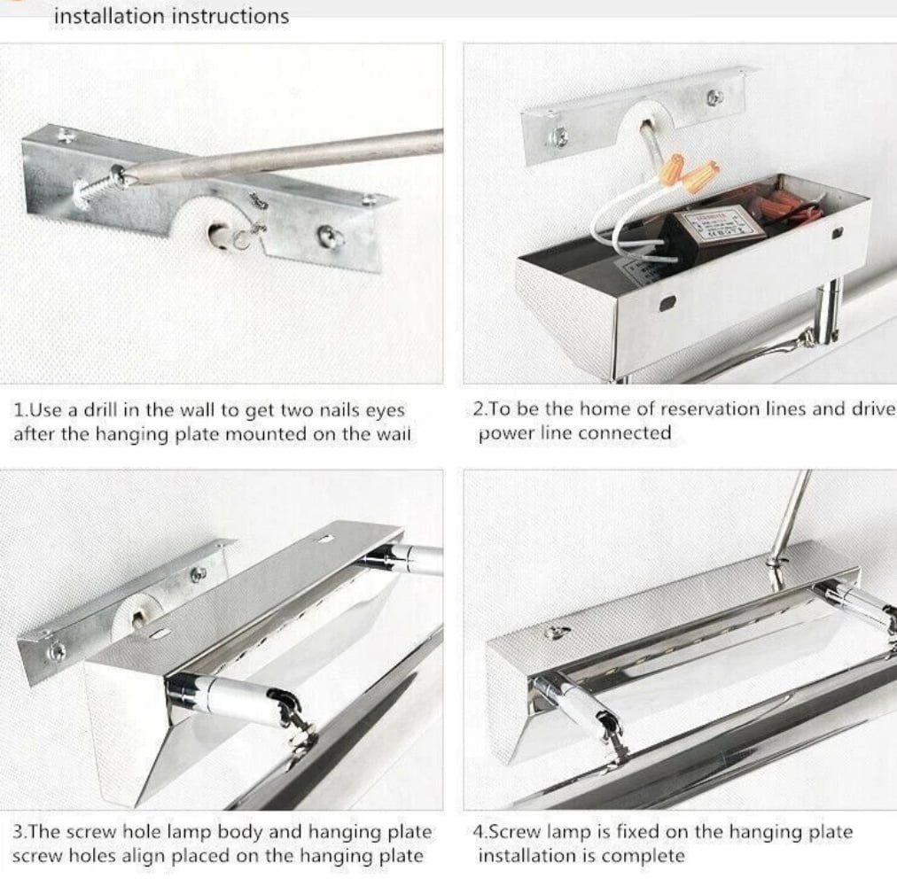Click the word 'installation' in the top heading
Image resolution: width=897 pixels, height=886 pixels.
click(x=109, y=15)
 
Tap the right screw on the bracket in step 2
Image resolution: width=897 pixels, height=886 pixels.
click(x=714, y=97)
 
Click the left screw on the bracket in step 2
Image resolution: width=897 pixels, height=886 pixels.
click(x=558, y=136)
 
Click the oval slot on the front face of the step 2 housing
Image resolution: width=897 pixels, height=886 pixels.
click(x=667, y=303)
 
